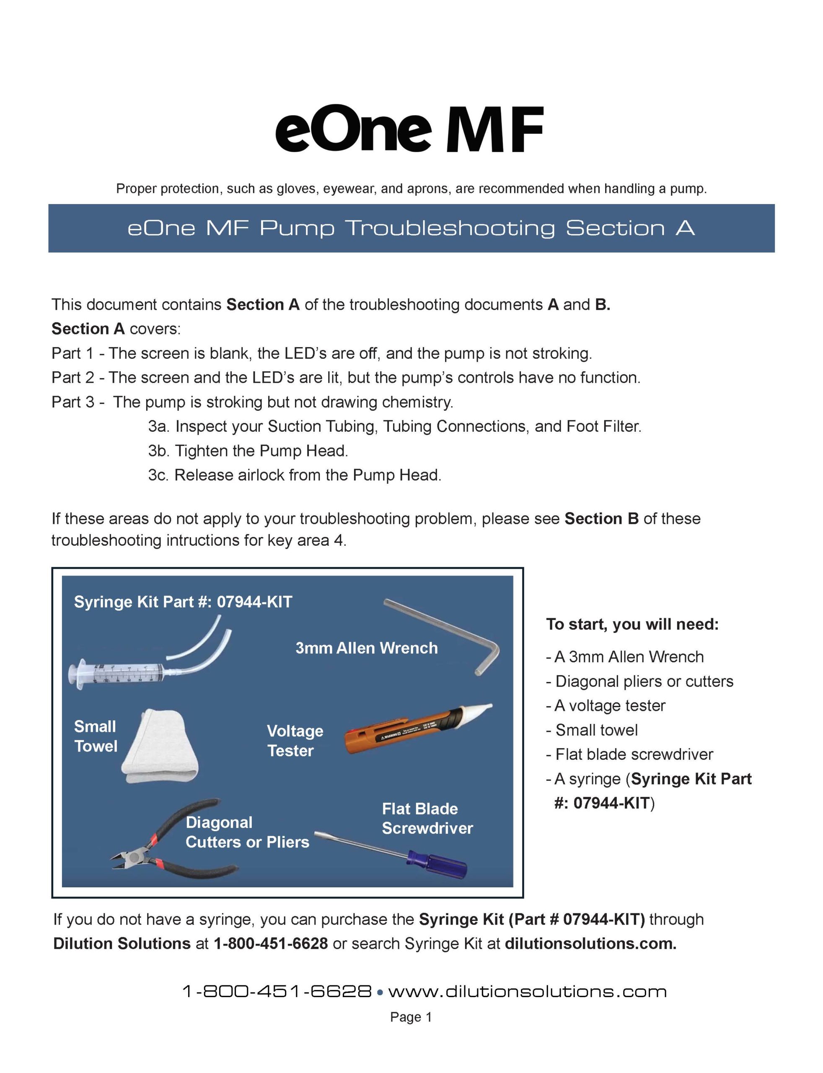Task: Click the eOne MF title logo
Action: pos(409,130)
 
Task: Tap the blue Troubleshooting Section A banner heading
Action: pos(411,228)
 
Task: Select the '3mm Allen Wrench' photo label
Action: pos(366,648)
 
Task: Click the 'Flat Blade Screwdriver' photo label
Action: pos(427,819)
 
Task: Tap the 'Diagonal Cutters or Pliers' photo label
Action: pos(247,832)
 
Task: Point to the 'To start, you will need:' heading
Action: pos(632,624)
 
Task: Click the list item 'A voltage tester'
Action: pos(609,705)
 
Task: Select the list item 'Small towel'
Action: pos(596,730)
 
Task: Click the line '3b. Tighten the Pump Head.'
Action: pos(248,451)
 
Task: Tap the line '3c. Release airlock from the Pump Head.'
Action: pos(295,475)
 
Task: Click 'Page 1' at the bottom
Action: pos(411,1018)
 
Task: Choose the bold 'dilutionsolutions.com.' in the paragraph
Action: pos(590,943)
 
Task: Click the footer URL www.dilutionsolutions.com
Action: pos(527,992)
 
